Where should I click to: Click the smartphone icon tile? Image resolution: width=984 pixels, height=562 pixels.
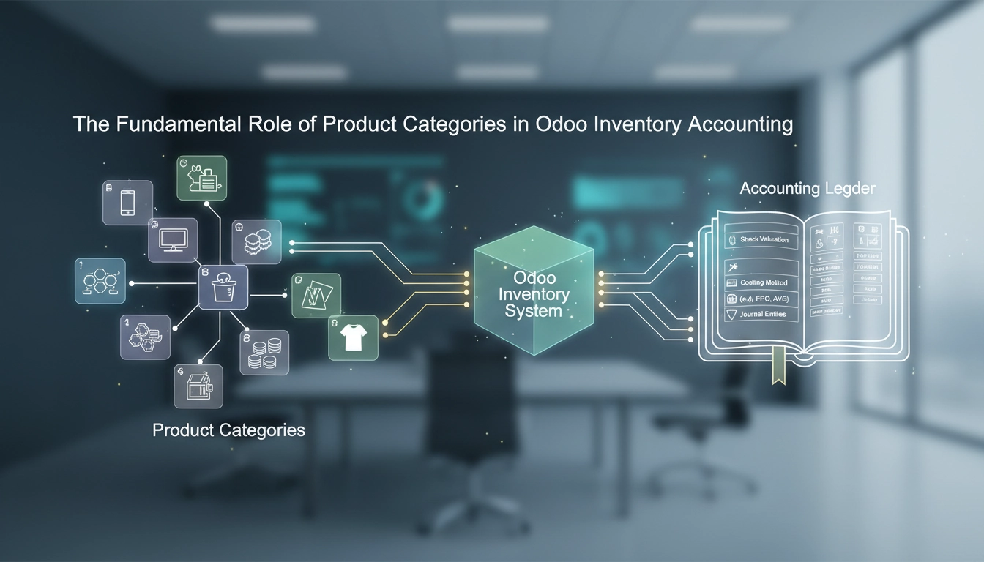[x=127, y=203]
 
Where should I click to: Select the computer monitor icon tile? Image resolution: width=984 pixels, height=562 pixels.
[x=174, y=239]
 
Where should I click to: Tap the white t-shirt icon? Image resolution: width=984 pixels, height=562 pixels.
[x=353, y=337]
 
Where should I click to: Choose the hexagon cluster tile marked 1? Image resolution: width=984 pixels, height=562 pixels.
[x=100, y=281]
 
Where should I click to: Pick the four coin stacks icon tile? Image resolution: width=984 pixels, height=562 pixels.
[x=264, y=353]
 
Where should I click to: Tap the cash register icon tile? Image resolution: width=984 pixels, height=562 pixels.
[x=198, y=386]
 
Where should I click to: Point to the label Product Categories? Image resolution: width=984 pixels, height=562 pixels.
[x=228, y=430]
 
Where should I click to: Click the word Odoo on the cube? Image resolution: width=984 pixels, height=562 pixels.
[x=535, y=279]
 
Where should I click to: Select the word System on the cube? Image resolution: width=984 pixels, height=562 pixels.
[x=534, y=310]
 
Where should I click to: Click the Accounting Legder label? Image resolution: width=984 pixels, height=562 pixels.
[x=807, y=189]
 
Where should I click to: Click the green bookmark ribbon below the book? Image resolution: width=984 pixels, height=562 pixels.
[x=780, y=365]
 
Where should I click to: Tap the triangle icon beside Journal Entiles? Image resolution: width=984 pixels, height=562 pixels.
[x=730, y=315]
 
